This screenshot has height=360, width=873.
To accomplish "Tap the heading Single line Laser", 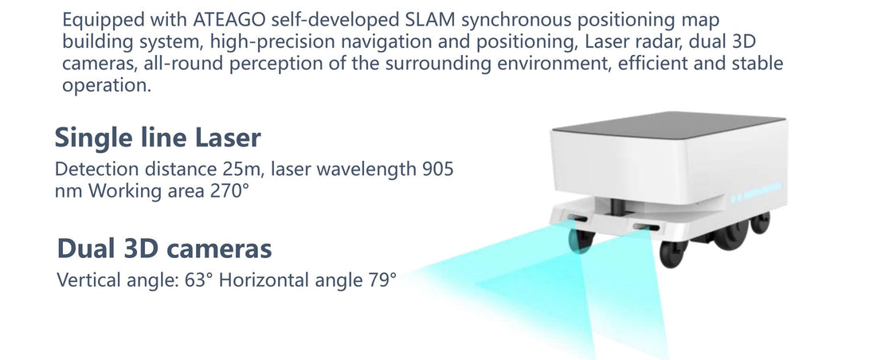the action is click(x=158, y=138).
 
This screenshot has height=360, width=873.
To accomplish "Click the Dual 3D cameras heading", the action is click(x=164, y=248).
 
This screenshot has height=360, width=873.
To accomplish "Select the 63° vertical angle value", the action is click(x=199, y=280).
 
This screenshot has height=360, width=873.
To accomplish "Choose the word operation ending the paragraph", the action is click(x=107, y=86).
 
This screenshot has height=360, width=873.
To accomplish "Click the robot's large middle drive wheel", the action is click(x=730, y=236).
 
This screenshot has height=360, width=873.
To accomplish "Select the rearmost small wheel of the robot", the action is click(x=760, y=222).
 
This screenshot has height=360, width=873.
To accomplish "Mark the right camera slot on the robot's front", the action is click(x=645, y=227).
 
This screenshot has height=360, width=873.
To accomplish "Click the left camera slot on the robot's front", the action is click(x=577, y=217).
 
